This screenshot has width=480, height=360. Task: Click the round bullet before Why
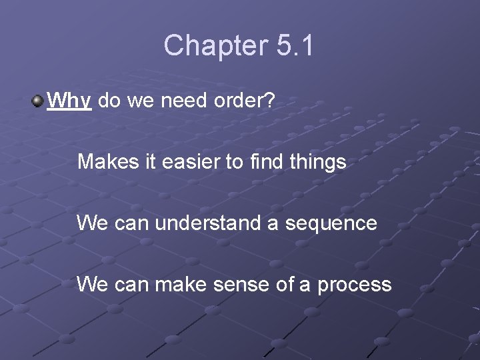pos(37,101)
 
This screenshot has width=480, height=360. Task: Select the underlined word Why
pos(70,101)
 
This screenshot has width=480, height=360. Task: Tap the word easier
pos(187,161)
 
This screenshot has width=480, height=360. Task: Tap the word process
pos(354,285)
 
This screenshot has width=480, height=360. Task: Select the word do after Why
pos(108,101)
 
